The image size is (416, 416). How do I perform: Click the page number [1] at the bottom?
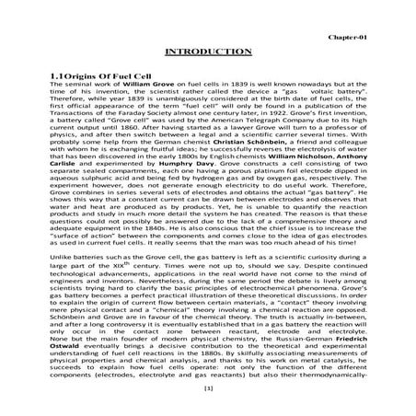207,389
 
